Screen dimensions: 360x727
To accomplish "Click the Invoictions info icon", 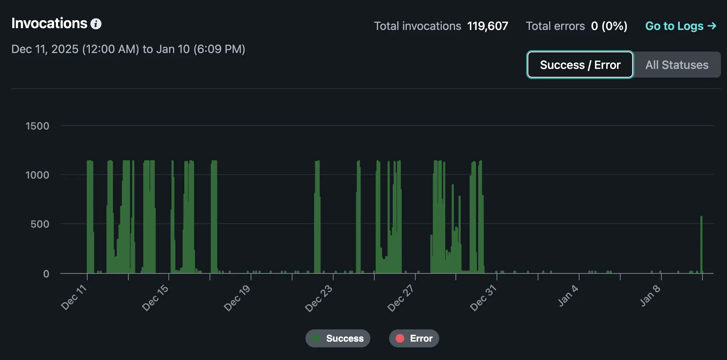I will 96,24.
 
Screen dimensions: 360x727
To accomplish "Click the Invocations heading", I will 49,23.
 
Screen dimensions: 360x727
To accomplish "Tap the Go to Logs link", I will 680,26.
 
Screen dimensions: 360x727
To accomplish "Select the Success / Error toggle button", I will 580,65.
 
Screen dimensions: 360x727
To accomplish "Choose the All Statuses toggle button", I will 677,65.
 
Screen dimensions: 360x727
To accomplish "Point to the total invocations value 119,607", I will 488,26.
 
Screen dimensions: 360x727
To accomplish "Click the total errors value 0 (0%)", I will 609,26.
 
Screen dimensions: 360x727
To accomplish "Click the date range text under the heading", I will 128,49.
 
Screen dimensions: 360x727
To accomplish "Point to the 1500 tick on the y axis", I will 37,126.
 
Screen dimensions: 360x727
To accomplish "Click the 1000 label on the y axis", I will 37,175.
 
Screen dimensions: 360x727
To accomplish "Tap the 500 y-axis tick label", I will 40,224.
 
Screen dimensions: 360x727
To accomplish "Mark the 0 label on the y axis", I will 46,274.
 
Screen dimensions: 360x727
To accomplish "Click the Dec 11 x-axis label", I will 74,298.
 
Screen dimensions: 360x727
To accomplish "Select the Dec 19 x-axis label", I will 237,298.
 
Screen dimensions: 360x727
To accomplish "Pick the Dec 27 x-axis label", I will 400,298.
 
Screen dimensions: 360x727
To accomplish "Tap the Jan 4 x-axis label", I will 568,296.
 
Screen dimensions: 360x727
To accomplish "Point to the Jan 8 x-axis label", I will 650,296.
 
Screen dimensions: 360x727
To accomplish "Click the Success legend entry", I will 338,338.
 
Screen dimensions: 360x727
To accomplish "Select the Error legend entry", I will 414,338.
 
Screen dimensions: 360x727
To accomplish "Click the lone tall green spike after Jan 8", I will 701,245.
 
